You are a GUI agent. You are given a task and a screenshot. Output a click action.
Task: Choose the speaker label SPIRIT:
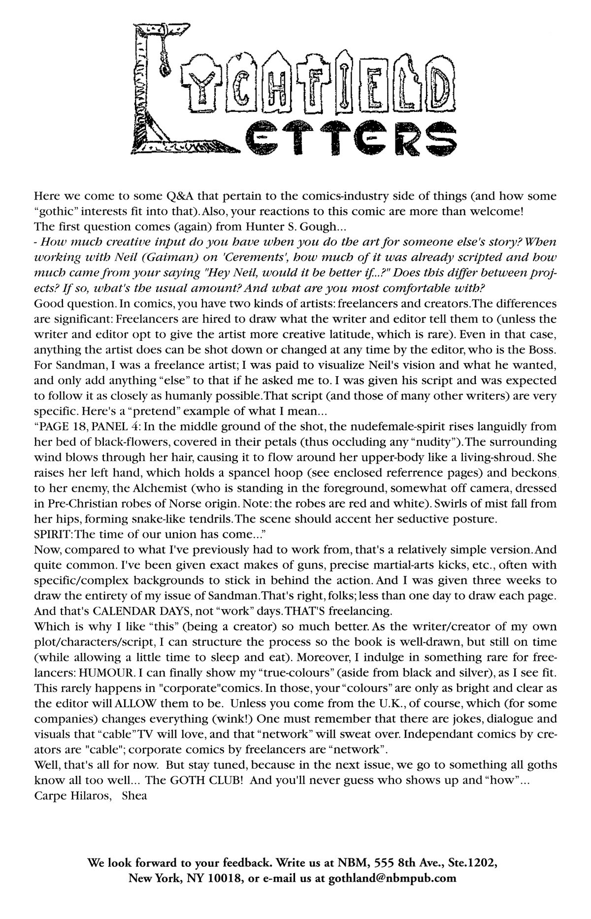pyautogui.click(x=53, y=534)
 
